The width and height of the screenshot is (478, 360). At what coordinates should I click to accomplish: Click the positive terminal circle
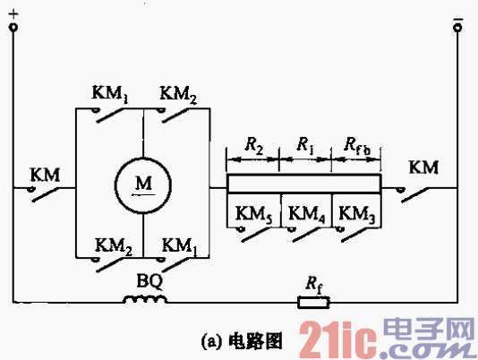coord(13,28)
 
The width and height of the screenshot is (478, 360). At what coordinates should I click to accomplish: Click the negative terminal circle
coord(457,28)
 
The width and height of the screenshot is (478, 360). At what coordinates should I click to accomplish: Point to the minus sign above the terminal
coord(457,12)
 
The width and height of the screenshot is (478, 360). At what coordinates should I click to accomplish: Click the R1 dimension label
coord(304,144)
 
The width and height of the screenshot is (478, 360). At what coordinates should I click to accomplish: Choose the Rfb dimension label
coord(356,144)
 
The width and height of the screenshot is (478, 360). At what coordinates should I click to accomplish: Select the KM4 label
coord(305,214)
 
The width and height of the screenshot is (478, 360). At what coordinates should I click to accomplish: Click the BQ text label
coord(148,278)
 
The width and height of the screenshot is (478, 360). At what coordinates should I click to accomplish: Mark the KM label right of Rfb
coord(423,167)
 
